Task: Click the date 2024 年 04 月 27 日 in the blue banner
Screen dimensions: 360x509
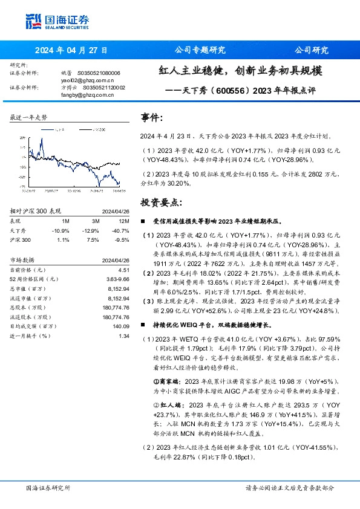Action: (71, 50)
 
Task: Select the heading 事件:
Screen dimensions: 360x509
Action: (151, 118)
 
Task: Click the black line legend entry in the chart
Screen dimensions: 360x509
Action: (57, 129)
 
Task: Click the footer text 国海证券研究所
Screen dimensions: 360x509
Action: (48, 487)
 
